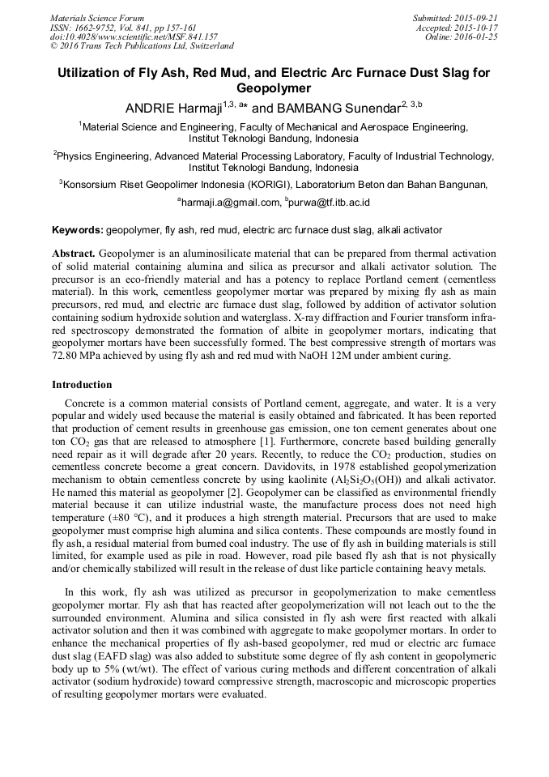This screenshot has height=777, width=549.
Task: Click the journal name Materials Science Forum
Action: [97, 17]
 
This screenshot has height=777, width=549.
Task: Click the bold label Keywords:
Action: [78, 230]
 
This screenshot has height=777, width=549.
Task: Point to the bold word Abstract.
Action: [74, 254]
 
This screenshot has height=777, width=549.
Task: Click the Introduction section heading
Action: [82, 385]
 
